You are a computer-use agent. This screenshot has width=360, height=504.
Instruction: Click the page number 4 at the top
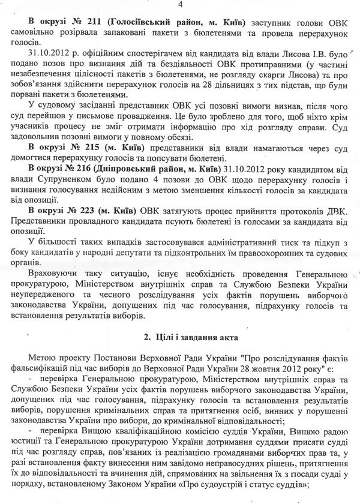[180, 5]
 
